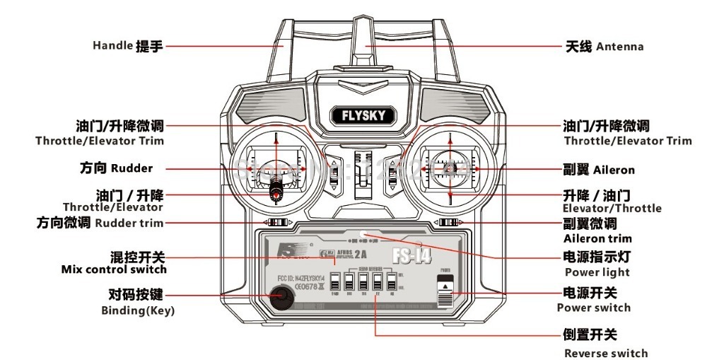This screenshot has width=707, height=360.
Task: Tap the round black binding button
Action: (277, 298)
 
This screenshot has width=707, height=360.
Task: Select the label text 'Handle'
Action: (112, 46)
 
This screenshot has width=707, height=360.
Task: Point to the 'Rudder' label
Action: (132, 169)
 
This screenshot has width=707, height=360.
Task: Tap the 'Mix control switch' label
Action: (114, 269)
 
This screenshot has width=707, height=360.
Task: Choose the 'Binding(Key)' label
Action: (134, 310)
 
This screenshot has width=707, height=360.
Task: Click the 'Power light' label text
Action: (597, 272)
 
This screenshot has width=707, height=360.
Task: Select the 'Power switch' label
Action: (593, 308)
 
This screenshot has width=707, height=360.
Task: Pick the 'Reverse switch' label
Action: (605, 353)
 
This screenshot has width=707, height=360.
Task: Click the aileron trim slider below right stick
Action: (448, 223)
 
